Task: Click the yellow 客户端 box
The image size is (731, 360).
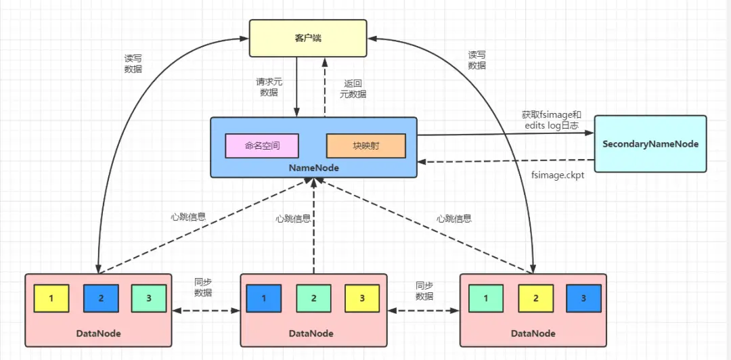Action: pyautogui.click(x=308, y=39)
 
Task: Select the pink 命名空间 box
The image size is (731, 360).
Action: pyautogui.click(x=262, y=145)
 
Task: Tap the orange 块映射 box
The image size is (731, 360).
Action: pyautogui.click(x=365, y=145)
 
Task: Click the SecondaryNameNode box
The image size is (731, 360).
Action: pyautogui.click(x=650, y=143)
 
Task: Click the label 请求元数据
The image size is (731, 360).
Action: pyautogui.click(x=269, y=87)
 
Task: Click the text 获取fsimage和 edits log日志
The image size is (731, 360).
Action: pyautogui.click(x=552, y=120)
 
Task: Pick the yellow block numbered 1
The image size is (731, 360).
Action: pyautogui.click(x=51, y=298)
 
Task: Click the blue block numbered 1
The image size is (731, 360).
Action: pyautogui.click(x=264, y=298)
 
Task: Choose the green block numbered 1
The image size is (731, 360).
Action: pyautogui.click(x=485, y=298)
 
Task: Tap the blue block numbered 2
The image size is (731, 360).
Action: pyautogui.click(x=101, y=298)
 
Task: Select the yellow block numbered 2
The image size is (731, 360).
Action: pyautogui.click(x=535, y=298)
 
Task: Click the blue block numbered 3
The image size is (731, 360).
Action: pyautogui.click(x=583, y=298)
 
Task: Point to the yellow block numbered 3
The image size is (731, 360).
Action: pyautogui.click(x=362, y=298)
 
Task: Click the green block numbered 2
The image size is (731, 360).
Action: pyautogui.click(x=314, y=298)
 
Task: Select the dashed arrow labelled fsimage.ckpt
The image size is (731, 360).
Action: pyautogui.click(x=508, y=162)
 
